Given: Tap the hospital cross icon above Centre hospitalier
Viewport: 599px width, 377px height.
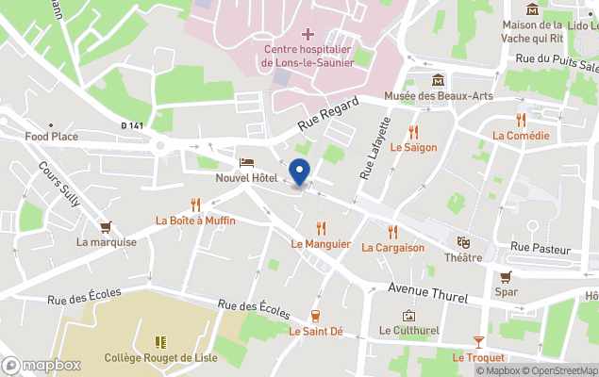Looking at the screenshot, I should point(308,34).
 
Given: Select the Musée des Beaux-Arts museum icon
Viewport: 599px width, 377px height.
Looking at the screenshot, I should point(438,81).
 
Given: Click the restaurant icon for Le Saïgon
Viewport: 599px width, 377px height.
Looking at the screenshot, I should point(413,132).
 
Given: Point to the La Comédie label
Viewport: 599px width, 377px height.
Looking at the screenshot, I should point(521,136).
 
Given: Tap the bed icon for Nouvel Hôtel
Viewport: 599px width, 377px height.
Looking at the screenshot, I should point(246,162).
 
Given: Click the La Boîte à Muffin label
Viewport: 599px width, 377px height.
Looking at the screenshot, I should point(195,221).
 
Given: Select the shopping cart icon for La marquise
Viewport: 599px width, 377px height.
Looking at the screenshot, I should point(107,226).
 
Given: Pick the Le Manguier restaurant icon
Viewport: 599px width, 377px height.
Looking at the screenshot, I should point(321,228).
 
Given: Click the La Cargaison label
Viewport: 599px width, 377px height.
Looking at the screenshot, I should point(392,248).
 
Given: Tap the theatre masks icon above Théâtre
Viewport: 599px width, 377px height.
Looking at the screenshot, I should point(463,242).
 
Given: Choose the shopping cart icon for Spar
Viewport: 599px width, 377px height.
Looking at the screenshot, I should point(506,277).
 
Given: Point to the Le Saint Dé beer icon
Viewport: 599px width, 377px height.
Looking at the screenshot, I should point(315,316).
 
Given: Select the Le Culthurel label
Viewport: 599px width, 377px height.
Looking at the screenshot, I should point(408,331).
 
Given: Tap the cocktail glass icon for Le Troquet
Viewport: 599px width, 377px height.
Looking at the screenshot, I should point(478,341).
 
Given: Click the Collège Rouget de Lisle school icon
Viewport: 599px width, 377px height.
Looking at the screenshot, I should point(160,342).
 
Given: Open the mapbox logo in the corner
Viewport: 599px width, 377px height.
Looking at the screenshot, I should point(42,365).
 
